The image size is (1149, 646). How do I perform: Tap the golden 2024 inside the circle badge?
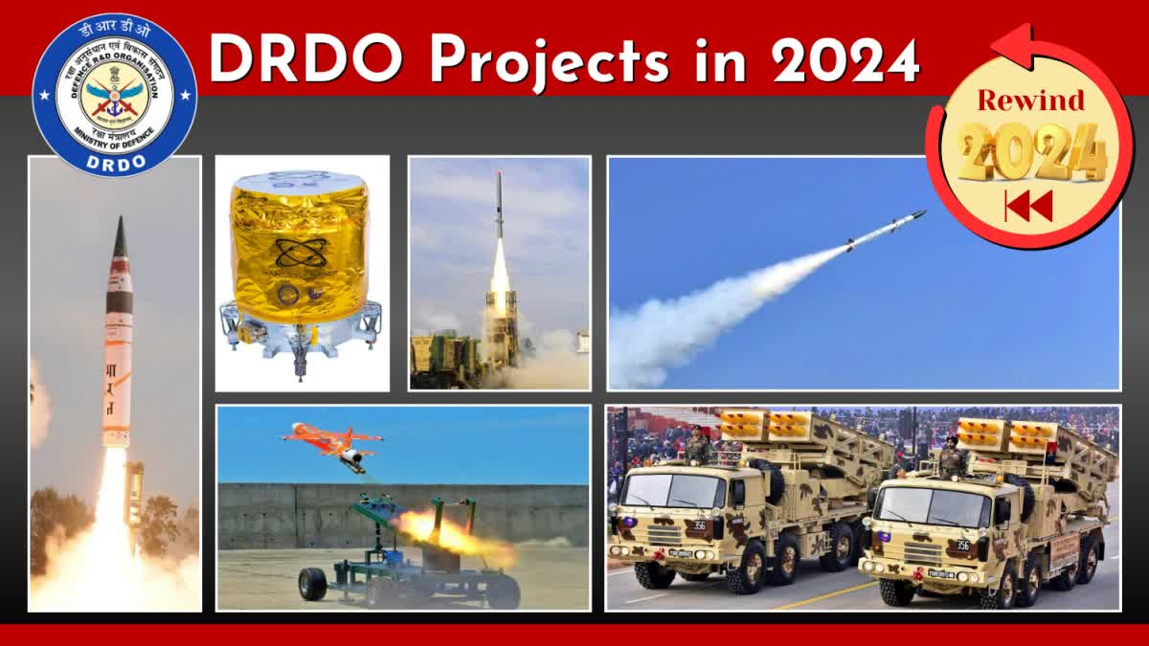[1032, 151]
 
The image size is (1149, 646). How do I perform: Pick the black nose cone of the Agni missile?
[119, 239]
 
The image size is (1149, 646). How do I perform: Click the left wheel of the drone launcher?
[312, 584]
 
